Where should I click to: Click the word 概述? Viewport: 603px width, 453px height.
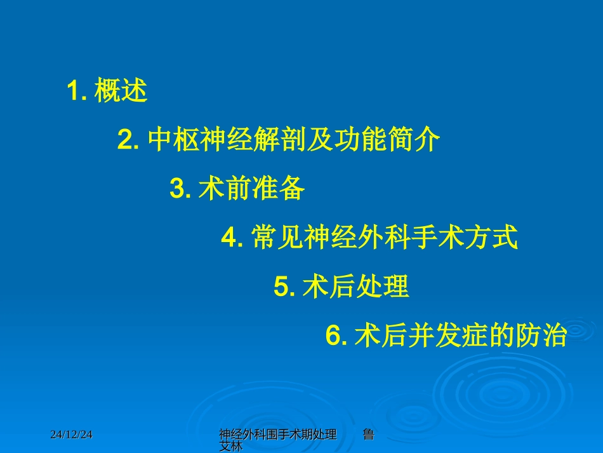(x=121, y=92)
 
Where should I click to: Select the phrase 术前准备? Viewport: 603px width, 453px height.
(x=252, y=189)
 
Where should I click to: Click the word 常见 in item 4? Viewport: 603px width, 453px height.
(x=277, y=238)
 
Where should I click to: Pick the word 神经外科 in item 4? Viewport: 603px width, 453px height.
(x=357, y=238)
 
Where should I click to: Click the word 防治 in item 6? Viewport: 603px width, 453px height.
(x=541, y=336)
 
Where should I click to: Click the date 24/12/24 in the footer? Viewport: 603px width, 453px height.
(x=72, y=435)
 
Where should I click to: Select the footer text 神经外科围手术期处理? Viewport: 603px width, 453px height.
(x=277, y=435)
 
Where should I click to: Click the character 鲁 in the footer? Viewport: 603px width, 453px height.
(x=368, y=435)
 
